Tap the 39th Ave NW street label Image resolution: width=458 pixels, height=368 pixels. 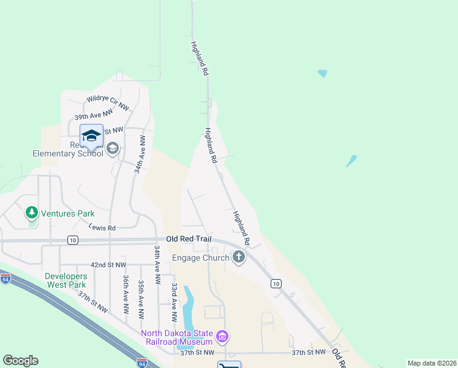[94, 114]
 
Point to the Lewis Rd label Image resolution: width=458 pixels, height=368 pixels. [102, 228]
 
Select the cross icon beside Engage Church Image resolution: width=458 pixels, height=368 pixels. [239, 258]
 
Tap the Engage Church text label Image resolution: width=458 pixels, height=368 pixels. [201, 258]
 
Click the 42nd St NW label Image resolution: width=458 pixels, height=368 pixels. [108, 265]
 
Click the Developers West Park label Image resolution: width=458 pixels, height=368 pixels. [66, 280]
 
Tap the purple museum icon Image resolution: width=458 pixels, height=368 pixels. [222, 337]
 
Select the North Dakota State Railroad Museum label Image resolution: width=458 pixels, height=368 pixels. [176, 337]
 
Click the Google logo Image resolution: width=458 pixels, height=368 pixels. [20, 361]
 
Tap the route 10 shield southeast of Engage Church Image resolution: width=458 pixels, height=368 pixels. [276, 283]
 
